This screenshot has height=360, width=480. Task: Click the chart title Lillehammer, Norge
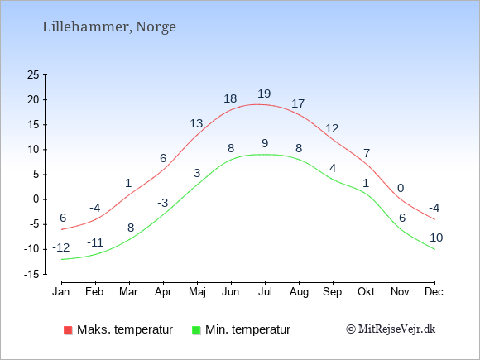[x=109, y=27]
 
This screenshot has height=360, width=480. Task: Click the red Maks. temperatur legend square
[x=68, y=330]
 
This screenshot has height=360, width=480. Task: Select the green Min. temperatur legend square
[x=196, y=330]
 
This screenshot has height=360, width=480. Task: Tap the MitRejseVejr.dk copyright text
[x=391, y=329]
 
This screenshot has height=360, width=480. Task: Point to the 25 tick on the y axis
[x=33, y=74]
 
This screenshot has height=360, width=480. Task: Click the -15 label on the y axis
[x=31, y=274]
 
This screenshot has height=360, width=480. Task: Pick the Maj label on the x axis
[x=197, y=292]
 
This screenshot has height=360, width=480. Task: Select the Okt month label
[x=366, y=292]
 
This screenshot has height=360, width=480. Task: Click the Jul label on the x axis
[x=265, y=292]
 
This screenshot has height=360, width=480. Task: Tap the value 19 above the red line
[x=264, y=94]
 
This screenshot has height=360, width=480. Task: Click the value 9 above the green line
[x=265, y=143]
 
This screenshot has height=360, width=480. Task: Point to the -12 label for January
[x=61, y=247]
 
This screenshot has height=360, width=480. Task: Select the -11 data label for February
[x=95, y=242]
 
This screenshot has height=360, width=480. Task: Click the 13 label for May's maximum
[x=196, y=123]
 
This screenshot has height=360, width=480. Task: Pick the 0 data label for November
[x=401, y=188]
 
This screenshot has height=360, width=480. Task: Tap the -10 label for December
[x=434, y=238]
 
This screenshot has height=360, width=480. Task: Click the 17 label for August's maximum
[x=298, y=103]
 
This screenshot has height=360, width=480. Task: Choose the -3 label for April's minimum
[x=163, y=203]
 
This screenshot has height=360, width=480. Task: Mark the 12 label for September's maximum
[x=332, y=128]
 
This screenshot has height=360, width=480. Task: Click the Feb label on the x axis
[x=94, y=292]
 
